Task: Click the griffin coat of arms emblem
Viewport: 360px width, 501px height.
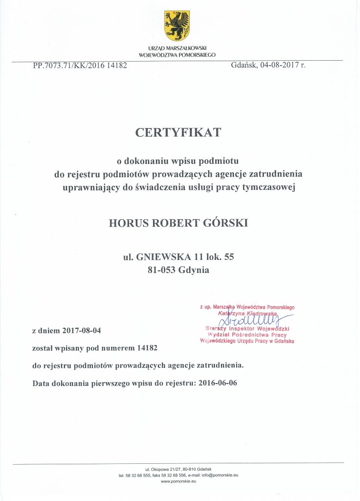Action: pyautogui.click(x=177, y=26)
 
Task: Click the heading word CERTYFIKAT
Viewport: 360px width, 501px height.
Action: pyautogui.click(x=179, y=132)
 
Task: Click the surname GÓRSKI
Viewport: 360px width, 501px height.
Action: pyautogui.click(x=226, y=224)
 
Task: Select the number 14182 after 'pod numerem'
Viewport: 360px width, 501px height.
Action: pyautogui.click(x=146, y=347)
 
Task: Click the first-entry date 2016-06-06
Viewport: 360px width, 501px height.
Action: pyautogui.click(x=218, y=383)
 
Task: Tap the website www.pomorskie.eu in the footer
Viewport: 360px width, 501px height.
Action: pyautogui.click(x=179, y=481)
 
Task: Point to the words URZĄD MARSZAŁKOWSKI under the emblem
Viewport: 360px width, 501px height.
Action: pyautogui.click(x=177, y=49)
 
